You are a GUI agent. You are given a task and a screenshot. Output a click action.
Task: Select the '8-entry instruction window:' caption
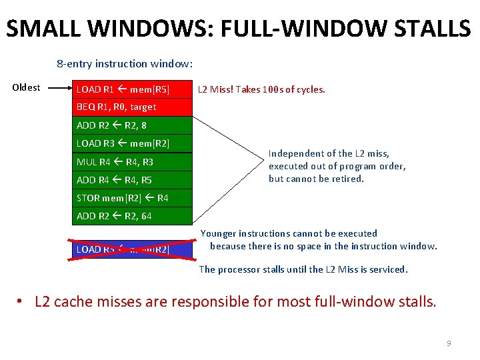coord(125,64)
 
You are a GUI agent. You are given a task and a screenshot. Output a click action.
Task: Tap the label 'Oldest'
coord(27,87)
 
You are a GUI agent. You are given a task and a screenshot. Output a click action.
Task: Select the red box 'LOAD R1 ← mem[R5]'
coord(132,89)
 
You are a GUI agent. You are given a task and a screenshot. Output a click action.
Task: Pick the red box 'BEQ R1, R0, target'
coord(132,107)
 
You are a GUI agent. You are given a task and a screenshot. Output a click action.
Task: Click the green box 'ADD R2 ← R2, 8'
coord(132,125)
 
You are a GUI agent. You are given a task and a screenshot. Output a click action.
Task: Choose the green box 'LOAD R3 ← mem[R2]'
coord(132,143)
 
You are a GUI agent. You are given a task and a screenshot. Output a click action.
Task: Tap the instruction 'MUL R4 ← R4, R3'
coord(132,162)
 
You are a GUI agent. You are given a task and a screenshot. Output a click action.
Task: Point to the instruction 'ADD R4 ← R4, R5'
coord(132,179)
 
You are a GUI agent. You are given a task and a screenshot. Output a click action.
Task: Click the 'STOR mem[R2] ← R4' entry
coord(132,198)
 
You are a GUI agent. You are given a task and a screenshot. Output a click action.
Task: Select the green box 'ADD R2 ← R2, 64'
coord(132,216)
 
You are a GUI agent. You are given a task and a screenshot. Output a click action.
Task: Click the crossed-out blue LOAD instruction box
coord(132,249)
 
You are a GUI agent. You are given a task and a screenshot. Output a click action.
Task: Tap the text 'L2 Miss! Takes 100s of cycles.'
coord(261,89)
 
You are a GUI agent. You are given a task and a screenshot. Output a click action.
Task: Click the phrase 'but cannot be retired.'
coord(316,179)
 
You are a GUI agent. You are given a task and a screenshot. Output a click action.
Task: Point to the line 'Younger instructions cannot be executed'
coord(289,233)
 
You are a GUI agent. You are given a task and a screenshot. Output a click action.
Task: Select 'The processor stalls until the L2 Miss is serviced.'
coord(303,269)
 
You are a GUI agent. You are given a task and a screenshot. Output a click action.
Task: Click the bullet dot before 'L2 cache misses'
coord(22,302)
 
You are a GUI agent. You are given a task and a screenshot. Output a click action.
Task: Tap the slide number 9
coord(449,343)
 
